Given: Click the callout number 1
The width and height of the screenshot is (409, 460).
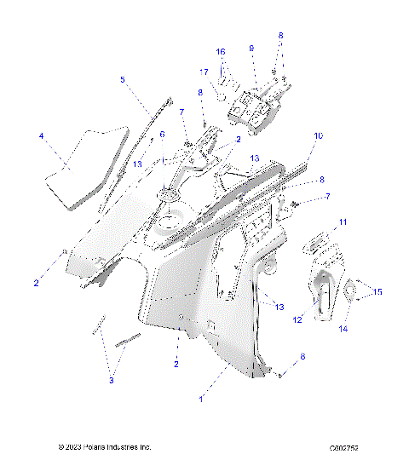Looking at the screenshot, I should (x=200, y=399).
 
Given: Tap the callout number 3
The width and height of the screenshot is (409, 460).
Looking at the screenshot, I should (x=111, y=381).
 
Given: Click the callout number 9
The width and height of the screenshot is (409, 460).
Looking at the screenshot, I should (x=251, y=50).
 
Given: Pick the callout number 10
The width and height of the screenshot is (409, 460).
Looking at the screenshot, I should (x=318, y=135).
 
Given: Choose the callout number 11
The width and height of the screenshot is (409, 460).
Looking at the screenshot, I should (x=343, y=222).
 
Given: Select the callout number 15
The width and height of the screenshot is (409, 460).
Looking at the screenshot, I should (x=377, y=292).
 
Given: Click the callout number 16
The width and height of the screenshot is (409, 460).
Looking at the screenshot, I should (x=221, y=52).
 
